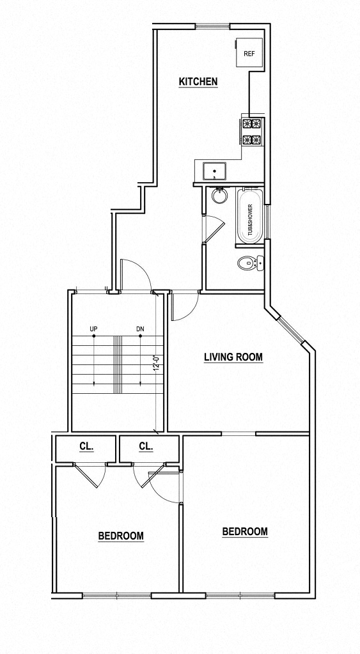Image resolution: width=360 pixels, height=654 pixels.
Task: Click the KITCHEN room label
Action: click(198, 82)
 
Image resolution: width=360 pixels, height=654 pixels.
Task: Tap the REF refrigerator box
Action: click(248, 54)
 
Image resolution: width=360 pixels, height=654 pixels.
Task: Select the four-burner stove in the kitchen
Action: click(251, 132)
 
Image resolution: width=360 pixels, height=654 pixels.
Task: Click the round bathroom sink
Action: click(220, 196)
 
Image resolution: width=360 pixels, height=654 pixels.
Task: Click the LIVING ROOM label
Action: click(233, 357)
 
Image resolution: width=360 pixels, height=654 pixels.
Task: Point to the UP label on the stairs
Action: click(93, 330)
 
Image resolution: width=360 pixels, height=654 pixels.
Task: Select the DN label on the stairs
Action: click(140, 330)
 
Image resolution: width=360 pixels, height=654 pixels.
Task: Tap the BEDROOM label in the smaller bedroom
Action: click(120, 536)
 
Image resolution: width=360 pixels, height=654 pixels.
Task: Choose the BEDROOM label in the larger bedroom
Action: click(244, 531)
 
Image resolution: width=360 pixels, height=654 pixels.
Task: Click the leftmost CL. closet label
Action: click(86, 446)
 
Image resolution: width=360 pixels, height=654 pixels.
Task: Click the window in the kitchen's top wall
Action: click(213, 26)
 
